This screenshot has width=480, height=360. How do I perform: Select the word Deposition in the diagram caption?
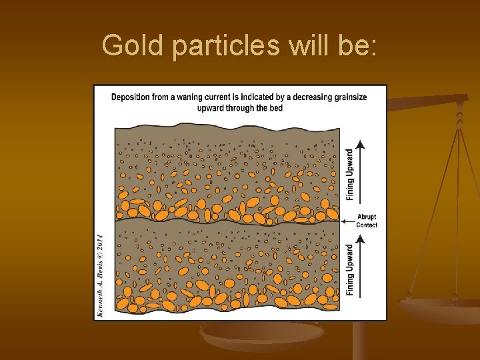[131, 97]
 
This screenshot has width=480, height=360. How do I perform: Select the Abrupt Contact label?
[367, 221]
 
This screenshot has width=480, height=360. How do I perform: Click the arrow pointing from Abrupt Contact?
[347, 221]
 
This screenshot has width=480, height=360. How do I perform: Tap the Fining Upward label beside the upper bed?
[351, 174]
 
